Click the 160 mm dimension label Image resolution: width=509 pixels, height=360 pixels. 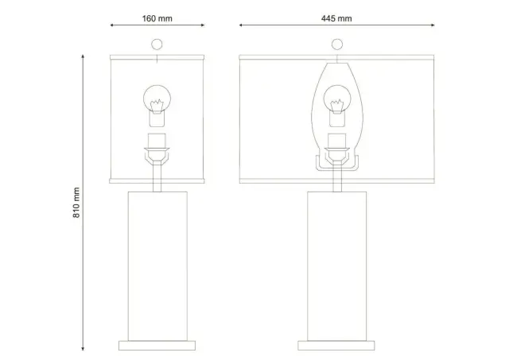157,18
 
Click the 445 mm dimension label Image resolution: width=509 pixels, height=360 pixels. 336,18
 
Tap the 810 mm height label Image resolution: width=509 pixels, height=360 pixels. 76,203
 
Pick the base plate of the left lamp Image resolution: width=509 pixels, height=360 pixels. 157,346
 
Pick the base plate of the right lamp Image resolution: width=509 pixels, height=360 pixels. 336,346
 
